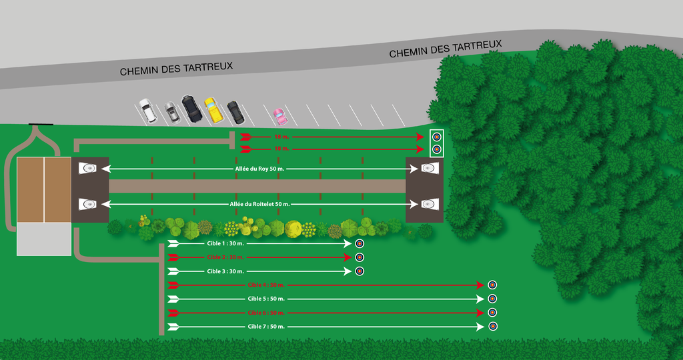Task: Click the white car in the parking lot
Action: coord(147,111)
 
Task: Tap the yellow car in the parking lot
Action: coord(213,110)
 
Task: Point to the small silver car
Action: coord(172,113)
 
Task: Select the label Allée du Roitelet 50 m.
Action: coord(259,203)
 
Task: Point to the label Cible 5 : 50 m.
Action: coord(266,299)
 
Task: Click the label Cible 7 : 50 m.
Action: coord(266,327)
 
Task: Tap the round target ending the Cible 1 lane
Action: coord(359,243)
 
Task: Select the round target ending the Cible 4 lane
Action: coord(492,285)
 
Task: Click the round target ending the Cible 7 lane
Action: coord(492,327)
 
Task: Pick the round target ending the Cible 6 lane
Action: coord(492,313)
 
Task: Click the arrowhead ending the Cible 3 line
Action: coord(348,271)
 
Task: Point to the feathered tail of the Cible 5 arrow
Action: coord(173,299)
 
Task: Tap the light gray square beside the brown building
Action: coord(43,239)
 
